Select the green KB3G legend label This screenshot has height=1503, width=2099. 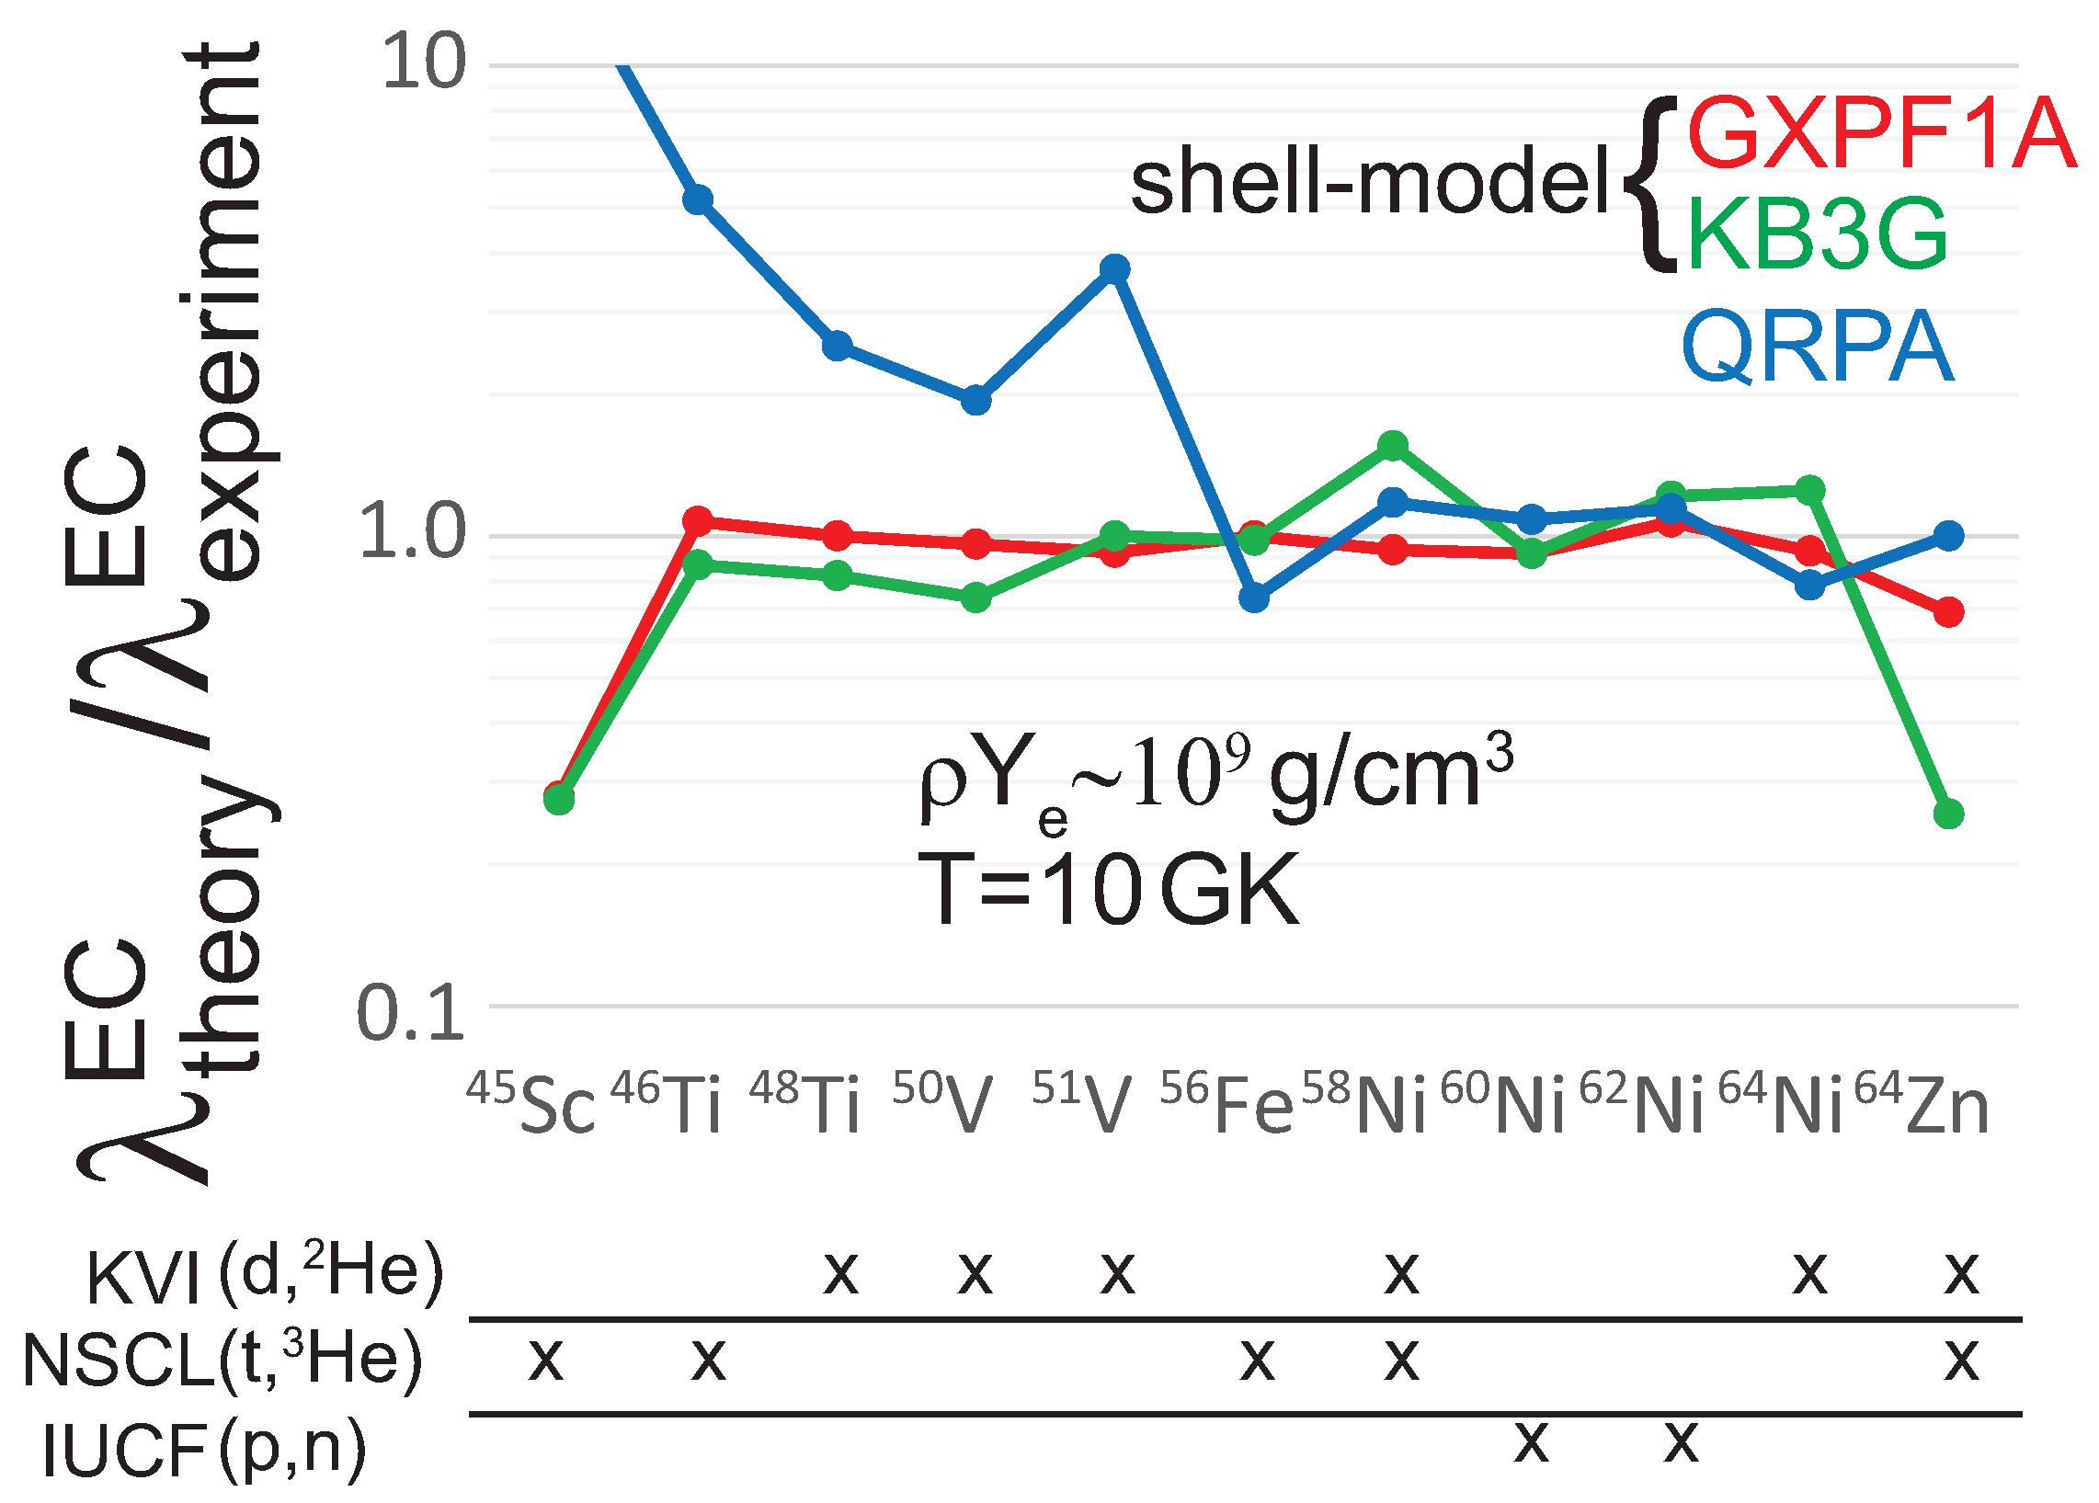[x=1817, y=235]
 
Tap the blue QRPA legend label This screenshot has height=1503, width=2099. [x=1817, y=347]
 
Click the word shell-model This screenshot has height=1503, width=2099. [x=1370, y=184]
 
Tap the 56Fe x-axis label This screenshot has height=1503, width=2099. [x=1226, y=1103]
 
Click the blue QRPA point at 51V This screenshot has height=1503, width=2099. [x=1115, y=269]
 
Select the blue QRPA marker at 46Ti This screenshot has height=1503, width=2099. [x=698, y=199]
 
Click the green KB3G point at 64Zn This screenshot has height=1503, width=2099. [x=1949, y=814]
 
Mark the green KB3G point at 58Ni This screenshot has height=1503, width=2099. [x=1394, y=446]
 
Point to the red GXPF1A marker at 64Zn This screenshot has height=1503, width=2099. [x=1949, y=611]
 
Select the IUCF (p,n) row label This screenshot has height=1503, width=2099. [x=204, y=1450]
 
